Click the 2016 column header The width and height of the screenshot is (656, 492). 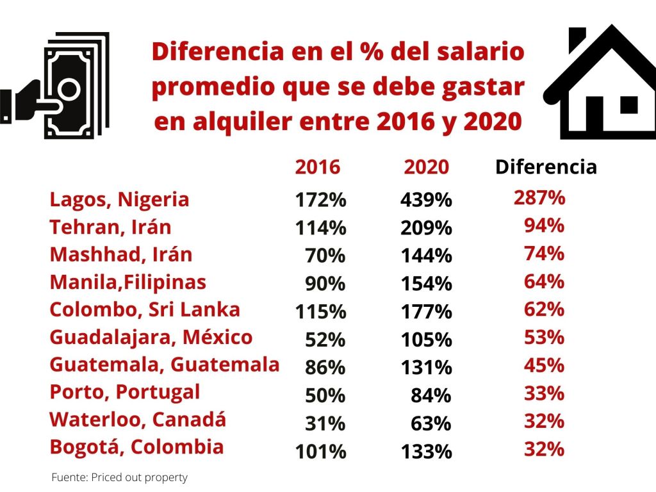318,167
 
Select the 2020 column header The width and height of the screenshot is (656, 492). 427,167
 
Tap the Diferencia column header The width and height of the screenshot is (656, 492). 546,167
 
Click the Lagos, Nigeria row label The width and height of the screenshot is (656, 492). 119,200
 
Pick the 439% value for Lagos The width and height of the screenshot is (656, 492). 426,201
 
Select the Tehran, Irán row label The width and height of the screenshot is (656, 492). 110,227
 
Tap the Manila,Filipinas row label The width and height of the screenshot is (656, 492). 128,283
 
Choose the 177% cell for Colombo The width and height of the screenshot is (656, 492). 426,312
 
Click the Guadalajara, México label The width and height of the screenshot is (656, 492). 151,338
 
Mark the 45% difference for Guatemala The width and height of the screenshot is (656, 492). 544,366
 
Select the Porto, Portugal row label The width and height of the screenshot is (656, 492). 125,391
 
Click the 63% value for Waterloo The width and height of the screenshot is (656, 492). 431,423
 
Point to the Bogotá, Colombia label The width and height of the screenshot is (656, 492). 136,447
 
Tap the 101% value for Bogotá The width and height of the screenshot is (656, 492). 320,452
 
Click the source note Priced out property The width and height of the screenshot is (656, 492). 119,478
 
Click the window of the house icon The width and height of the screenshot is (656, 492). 628,104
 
